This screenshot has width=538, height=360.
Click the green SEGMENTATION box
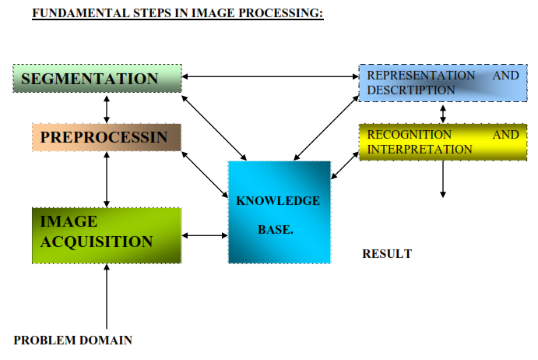97,79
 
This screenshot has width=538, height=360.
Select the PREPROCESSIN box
107,138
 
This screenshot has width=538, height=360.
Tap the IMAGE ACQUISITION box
107,235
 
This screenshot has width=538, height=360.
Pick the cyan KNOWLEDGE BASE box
279,212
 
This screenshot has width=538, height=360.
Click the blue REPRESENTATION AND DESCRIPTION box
439,83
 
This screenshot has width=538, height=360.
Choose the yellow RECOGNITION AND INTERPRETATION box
439,142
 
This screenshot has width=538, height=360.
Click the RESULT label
387,253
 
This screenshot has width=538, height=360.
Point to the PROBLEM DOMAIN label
73,340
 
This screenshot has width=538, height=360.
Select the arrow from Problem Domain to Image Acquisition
107,296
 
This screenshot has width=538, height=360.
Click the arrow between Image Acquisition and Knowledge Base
205,235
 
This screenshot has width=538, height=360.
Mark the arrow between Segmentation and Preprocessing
107,108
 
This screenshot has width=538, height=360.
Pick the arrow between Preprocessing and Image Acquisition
107,179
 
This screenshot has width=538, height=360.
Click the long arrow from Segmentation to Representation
270,76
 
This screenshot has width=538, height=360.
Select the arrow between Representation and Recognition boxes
443,112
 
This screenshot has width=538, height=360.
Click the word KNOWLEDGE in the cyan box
278,201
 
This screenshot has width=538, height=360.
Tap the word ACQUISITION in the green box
97,242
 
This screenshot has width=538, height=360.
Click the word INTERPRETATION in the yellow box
420,149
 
